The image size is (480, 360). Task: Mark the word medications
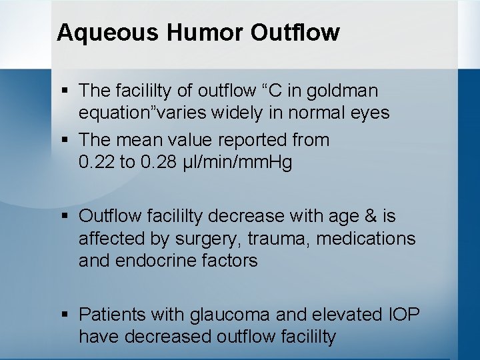coord(366,238)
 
